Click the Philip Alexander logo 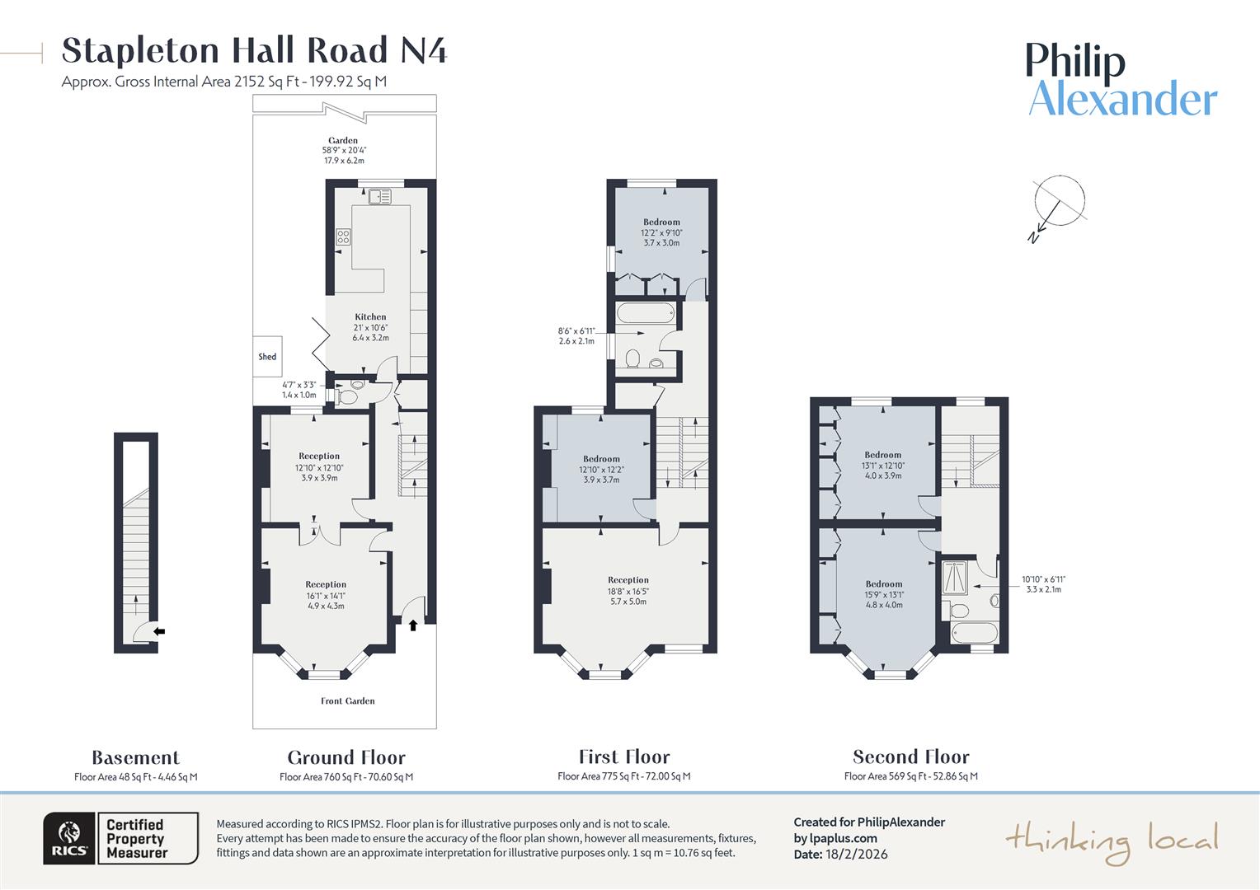pyautogui.click(x=1121, y=80)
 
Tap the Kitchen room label pyautogui.click(x=370, y=317)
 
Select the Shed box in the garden pyautogui.click(x=267, y=357)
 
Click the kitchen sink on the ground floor pyautogui.click(x=380, y=196)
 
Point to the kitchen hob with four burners pyautogui.click(x=343, y=237)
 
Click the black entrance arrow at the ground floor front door pyautogui.click(x=413, y=625)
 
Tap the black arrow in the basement pyautogui.click(x=159, y=631)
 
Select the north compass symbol pyautogui.click(x=1059, y=204)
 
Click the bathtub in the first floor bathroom pyautogui.click(x=646, y=313)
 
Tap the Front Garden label pyautogui.click(x=347, y=701)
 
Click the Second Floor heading pyautogui.click(x=910, y=756)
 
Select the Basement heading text pyautogui.click(x=135, y=757)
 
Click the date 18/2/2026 pyautogui.click(x=856, y=854)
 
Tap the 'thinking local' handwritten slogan pyautogui.click(x=1111, y=841)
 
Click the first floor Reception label pyautogui.click(x=628, y=580)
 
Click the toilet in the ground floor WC pyautogui.click(x=347, y=397)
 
